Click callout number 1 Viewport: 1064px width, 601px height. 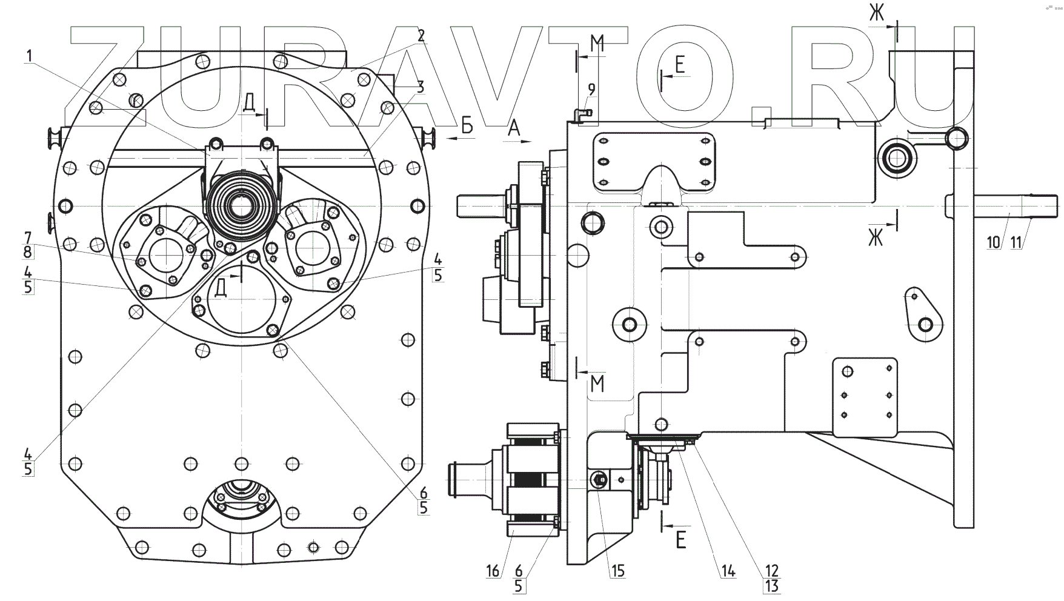click(28, 56)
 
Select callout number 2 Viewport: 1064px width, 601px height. click(420, 35)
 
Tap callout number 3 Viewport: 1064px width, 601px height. click(420, 86)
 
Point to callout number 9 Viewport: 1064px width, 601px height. click(591, 89)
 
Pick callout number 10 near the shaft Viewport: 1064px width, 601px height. click(993, 242)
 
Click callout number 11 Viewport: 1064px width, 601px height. click(1016, 242)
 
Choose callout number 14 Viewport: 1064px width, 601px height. click(728, 571)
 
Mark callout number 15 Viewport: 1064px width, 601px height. click(618, 571)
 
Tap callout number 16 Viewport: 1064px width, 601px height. click(493, 571)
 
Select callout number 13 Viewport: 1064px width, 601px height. click(772, 586)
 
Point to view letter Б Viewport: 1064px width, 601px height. click(467, 126)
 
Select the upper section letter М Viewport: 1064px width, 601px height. click(597, 42)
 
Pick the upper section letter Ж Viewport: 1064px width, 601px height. click(877, 13)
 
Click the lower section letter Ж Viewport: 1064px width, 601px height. click(876, 239)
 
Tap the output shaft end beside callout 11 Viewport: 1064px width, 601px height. click(1045, 204)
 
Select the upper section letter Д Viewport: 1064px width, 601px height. click(249, 104)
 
